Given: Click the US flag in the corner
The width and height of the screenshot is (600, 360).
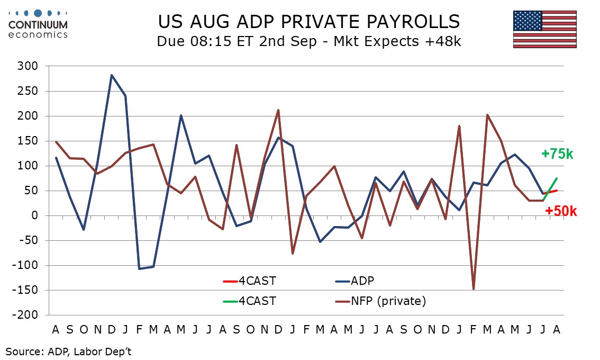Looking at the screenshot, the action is [x=544, y=30].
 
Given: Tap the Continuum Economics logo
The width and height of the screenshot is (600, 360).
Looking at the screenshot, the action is [x=38, y=24].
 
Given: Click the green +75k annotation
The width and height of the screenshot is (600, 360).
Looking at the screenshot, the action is [x=557, y=154].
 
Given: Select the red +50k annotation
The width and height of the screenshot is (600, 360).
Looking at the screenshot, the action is [x=561, y=211].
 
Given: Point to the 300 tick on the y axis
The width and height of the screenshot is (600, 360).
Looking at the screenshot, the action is [x=28, y=66].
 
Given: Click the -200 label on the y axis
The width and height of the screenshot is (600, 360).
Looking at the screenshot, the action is [x=25, y=315].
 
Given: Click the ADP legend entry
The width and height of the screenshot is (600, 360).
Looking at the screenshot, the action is [x=354, y=281].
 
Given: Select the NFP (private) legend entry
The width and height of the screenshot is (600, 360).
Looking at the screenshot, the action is [x=380, y=301].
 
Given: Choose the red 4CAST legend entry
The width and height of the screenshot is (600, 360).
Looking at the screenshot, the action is [x=249, y=281].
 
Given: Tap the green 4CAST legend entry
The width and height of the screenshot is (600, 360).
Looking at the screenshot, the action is [x=249, y=301].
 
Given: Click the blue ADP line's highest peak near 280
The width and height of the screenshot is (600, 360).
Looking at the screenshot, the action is [x=111, y=75].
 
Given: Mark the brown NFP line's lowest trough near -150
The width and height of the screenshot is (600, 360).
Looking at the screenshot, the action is [x=474, y=289].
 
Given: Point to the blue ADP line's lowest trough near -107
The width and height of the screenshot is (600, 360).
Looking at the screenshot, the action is [x=139, y=269].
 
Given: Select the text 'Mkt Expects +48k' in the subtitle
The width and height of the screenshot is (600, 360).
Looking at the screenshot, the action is [x=397, y=41].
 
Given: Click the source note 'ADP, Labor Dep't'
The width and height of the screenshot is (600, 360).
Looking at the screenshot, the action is [x=89, y=351].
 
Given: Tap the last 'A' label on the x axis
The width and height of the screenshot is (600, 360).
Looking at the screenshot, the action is [x=557, y=329].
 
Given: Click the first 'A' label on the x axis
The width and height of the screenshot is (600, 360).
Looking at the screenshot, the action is [x=56, y=329].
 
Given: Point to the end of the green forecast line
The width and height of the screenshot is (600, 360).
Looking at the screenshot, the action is [x=557, y=178].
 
